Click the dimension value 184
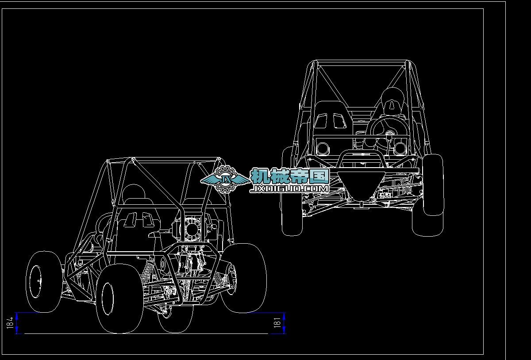click(x=10, y=323)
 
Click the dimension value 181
click(x=277, y=323)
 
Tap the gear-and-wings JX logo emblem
click(x=225, y=180)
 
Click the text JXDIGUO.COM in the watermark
click(x=289, y=189)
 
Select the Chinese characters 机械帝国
click(x=290, y=176)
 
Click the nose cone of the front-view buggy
click(x=361, y=184)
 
